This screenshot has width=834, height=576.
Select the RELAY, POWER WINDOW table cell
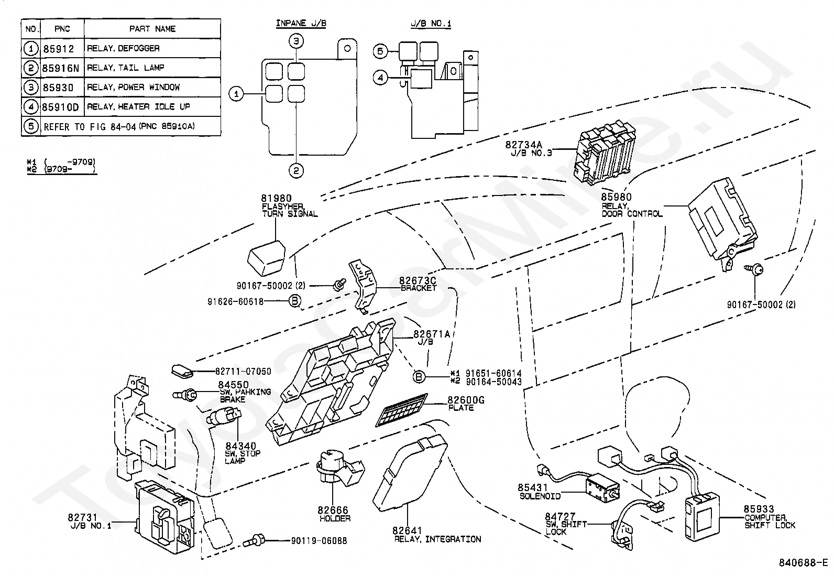(x=133, y=88)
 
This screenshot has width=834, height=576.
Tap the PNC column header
(x=62, y=29)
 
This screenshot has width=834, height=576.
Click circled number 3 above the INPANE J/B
(x=297, y=41)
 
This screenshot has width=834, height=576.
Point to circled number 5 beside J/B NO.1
(x=381, y=51)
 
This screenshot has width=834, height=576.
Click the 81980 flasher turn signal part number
(x=276, y=198)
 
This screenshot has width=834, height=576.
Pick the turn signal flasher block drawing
(x=267, y=257)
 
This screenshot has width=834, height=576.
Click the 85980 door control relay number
(x=616, y=197)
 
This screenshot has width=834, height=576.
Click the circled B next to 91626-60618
(x=295, y=301)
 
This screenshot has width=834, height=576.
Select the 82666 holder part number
(x=332, y=510)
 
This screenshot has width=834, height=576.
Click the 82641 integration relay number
(x=407, y=531)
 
